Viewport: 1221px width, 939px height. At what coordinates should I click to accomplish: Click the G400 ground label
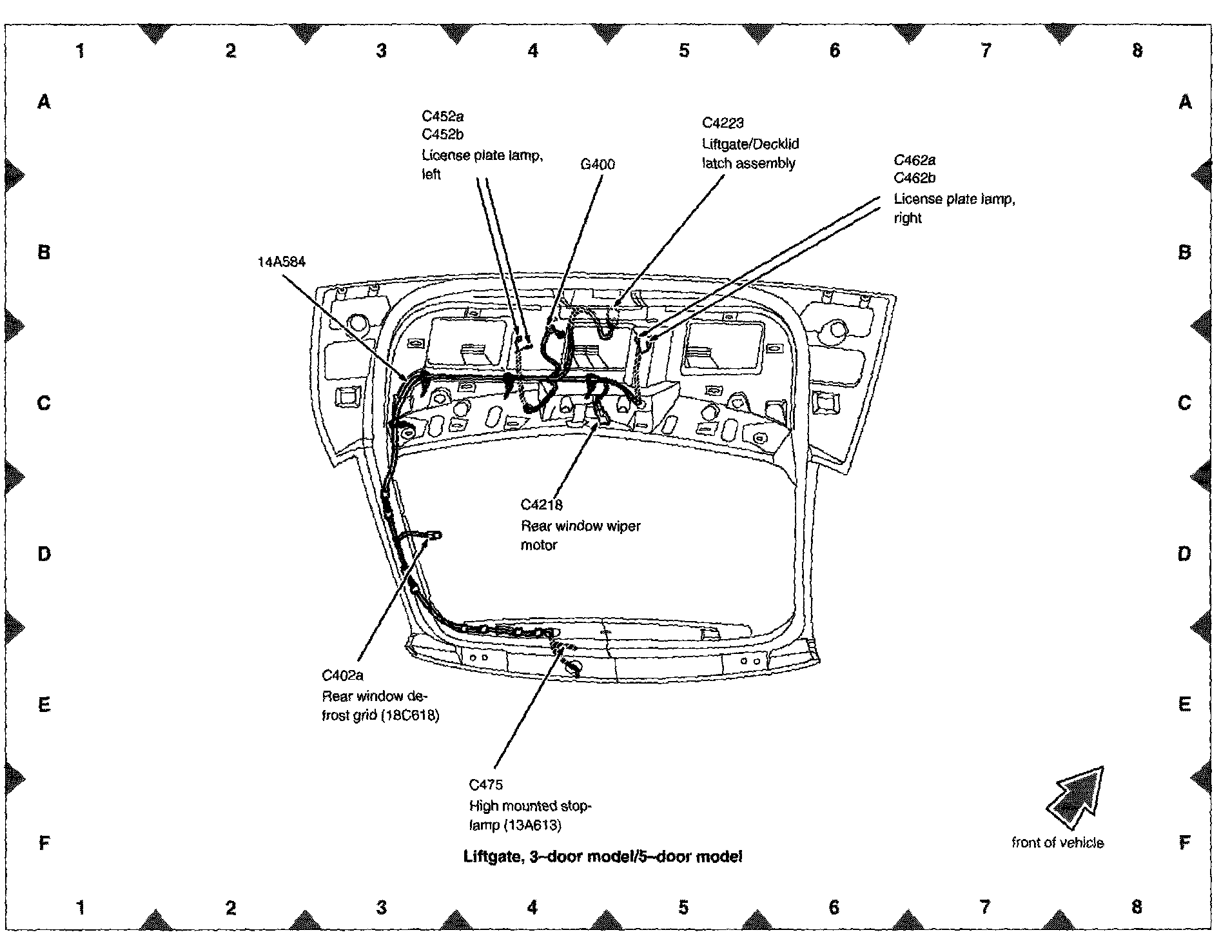tap(598, 164)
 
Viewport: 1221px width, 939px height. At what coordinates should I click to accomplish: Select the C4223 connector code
tap(723, 123)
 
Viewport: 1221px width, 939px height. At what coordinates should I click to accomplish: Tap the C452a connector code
tap(443, 116)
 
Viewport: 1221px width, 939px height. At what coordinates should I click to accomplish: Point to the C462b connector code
tap(914, 178)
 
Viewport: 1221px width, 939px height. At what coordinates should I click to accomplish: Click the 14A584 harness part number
tap(281, 262)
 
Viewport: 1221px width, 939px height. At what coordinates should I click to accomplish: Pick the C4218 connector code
tap(542, 505)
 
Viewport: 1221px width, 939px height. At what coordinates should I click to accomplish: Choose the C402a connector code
tap(342, 675)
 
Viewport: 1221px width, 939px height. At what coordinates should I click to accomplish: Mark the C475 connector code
tap(485, 785)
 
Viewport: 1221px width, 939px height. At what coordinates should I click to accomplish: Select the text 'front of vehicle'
tap(1057, 843)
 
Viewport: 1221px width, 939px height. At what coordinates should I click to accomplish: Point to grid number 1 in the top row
tap(81, 50)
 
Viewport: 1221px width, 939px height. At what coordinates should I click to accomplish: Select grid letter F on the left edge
tap(44, 843)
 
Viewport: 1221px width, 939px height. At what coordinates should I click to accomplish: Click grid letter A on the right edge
tap(1185, 102)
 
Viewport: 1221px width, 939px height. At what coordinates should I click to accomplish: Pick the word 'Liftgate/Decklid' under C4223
tap(750, 144)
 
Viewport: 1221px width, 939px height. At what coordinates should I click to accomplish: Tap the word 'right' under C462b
tap(908, 218)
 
